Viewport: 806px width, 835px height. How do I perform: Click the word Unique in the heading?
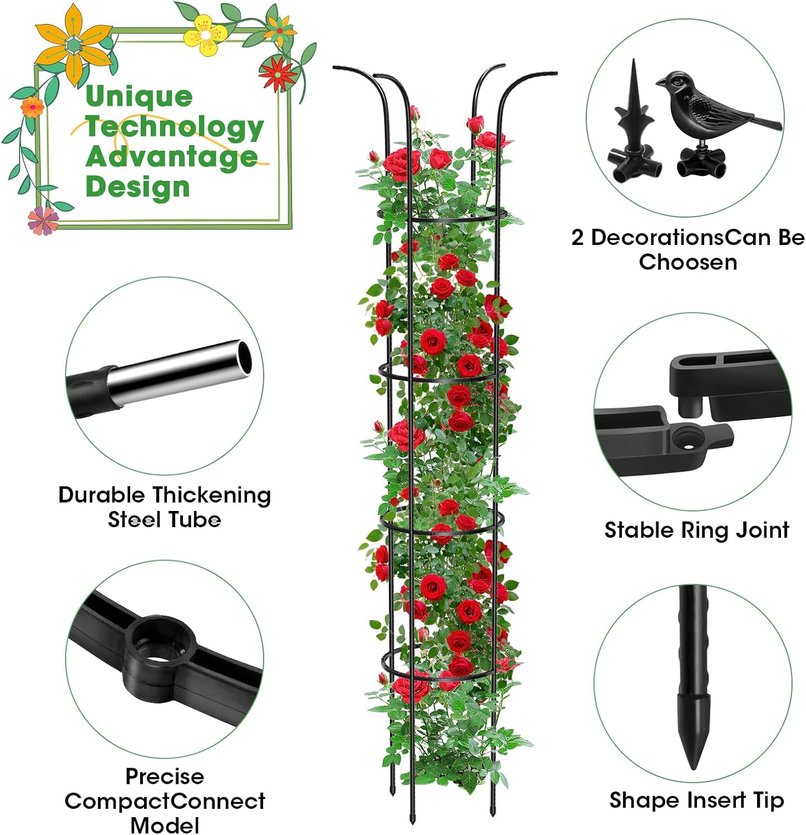click(x=139, y=97)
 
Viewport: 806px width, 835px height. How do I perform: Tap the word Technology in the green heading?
click(x=175, y=127)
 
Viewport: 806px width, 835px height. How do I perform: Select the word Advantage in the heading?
click(x=171, y=157)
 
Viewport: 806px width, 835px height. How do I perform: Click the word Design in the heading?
click(x=138, y=186)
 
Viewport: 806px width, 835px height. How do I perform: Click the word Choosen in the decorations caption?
click(x=688, y=262)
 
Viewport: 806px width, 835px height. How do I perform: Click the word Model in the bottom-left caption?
click(x=165, y=825)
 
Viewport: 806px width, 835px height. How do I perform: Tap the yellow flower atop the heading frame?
click(x=205, y=35)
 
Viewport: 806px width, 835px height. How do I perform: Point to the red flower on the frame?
click(x=278, y=72)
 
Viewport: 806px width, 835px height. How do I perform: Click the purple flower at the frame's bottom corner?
click(x=43, y=220)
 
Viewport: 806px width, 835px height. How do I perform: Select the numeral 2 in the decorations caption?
click(x=578, y=238)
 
